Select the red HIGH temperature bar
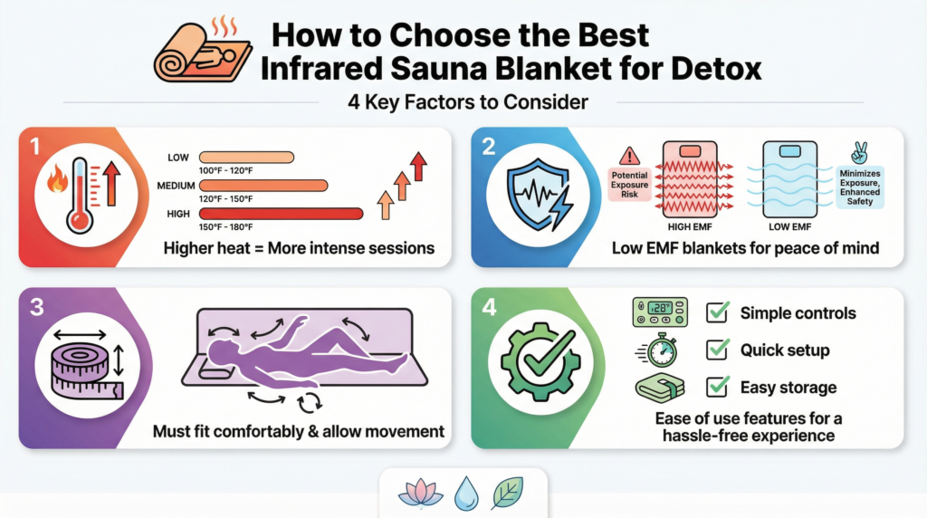[x=282, y=213]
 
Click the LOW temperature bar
[x=246, y=158]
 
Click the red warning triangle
[x=632, y=156]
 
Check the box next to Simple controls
[x=718, y=313]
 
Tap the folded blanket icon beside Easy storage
[x=658, y=388]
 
